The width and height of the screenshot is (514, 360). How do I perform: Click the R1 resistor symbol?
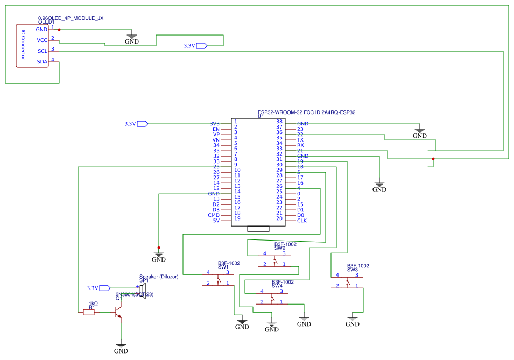(x=89, y=312)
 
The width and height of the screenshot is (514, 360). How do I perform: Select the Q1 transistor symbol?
(x=118, y=313)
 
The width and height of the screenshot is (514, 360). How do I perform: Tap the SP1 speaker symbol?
(x=142, y=291)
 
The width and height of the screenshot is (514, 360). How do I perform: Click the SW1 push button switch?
(x=218, y=278)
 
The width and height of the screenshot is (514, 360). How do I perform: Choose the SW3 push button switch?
(x=347, y=281)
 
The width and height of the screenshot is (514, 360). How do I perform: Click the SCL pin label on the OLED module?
(x=42, y=51)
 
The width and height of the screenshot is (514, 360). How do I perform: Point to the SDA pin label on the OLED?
(x=42, y=62)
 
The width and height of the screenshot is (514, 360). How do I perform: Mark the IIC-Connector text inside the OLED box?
(x=23, y=46)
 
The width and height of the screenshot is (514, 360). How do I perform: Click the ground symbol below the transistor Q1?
(x=121, y=347)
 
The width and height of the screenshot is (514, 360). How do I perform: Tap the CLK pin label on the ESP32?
(x=302, y=221)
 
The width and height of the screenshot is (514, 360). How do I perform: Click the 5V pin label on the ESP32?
(x=216, y=221)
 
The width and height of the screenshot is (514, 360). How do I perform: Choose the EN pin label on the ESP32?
(x=216, y=129)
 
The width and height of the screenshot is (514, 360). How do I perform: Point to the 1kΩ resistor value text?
(x=93, y=303)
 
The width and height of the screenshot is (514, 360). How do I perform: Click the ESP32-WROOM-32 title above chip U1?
(x=307, y=112)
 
